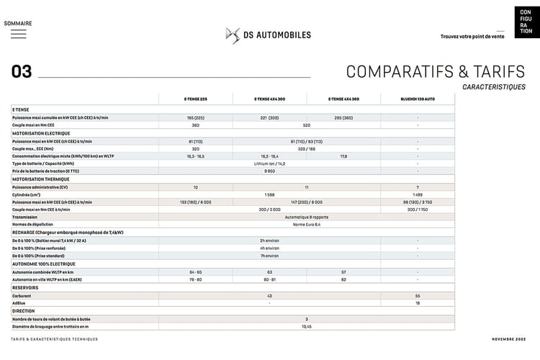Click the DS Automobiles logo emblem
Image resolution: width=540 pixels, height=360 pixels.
coord(233,35)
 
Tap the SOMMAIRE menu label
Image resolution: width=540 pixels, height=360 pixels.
coord(18,23)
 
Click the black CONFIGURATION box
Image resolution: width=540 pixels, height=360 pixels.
coord(525,21)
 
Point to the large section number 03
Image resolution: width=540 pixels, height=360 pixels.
coord(22,71)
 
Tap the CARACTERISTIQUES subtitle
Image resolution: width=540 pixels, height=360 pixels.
coord(494,86)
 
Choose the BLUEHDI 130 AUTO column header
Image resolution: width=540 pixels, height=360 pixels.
coord(418,99)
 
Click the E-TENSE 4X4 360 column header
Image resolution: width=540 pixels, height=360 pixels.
coord(343,99)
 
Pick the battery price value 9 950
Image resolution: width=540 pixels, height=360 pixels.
coord(270,171)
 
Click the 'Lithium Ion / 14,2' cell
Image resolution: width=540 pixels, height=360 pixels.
coord(270,163)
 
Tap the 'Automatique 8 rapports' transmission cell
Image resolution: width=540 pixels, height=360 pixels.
coord(306,217)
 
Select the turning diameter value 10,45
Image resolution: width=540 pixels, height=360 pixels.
coord(306,326)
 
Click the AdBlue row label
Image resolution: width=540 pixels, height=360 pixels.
coord(19,303)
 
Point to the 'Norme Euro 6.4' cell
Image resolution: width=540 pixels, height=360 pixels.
coord(306,225)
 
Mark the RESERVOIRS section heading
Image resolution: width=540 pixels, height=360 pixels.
coord(25,287)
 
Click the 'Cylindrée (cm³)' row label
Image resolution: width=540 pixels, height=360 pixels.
coord(27,194)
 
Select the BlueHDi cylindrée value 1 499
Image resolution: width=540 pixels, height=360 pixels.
coord(418,194)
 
